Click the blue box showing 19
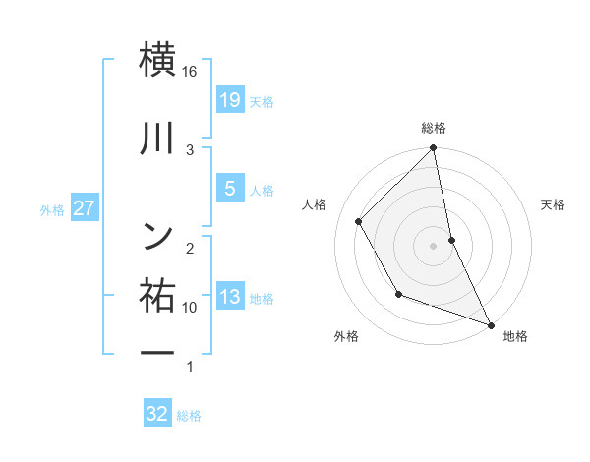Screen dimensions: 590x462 [x=229, y=99]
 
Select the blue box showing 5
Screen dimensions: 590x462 [x=229, y=189]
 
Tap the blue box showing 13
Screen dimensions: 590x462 [x=229, y=297]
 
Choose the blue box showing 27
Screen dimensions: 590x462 [x=84, y=208]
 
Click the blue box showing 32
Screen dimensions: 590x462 [x=157, y=414]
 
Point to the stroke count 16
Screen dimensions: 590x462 [x=191, y=72]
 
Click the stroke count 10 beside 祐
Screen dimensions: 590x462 [x=190, y=308]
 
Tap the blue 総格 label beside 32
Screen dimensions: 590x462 [x=190, y=416]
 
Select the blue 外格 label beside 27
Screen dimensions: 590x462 [x=52, y=209]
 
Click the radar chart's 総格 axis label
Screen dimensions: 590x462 [x=434, y=129]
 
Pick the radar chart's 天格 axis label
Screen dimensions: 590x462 [x=553, y=205]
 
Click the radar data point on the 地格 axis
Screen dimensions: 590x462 [x=491, y=324]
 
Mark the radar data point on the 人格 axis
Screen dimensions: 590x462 [x=359, y=221]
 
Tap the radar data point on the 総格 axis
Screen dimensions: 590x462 [x=434, y=148]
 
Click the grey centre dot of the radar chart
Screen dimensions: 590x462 [x=434, y=245]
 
